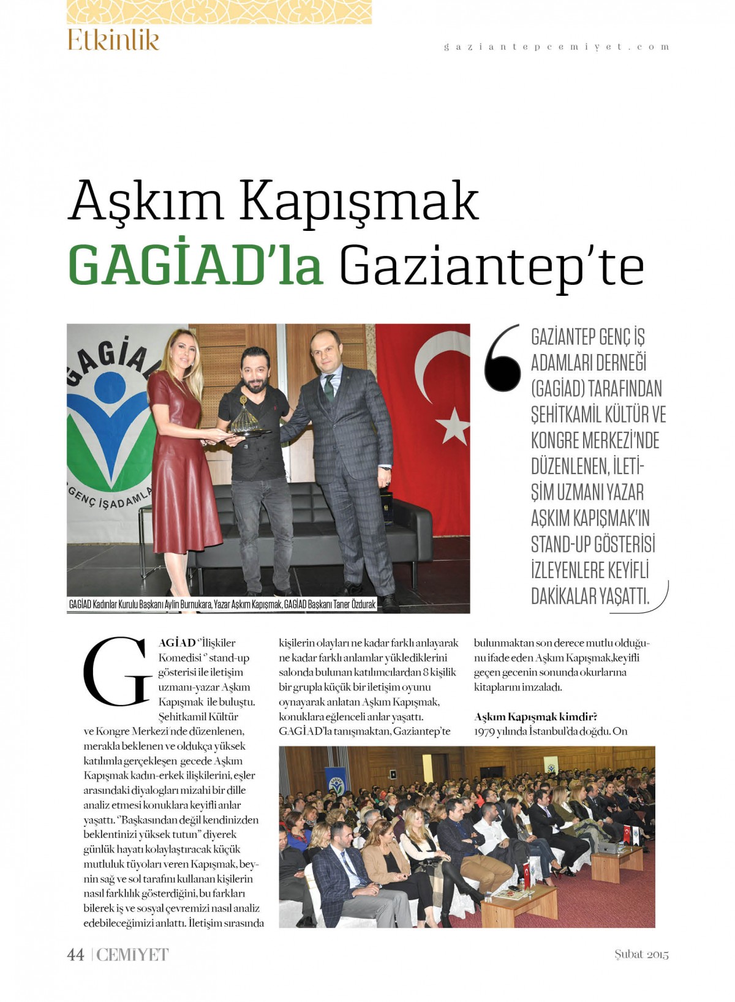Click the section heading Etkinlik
tap(113, 40)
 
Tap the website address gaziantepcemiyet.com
tap(556, 47)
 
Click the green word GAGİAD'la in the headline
tap(195, 265)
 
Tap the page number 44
tap(75, 954)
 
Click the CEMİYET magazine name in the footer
tap(132, 954)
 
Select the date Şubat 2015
tap(641, 954)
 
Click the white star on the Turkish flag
tap(453, 425)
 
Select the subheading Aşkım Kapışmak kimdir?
tap(535, 717)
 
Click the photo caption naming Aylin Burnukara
tap(222, 605)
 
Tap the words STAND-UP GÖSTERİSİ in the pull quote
tap(592, 544)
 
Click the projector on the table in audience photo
tap(608, 847)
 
